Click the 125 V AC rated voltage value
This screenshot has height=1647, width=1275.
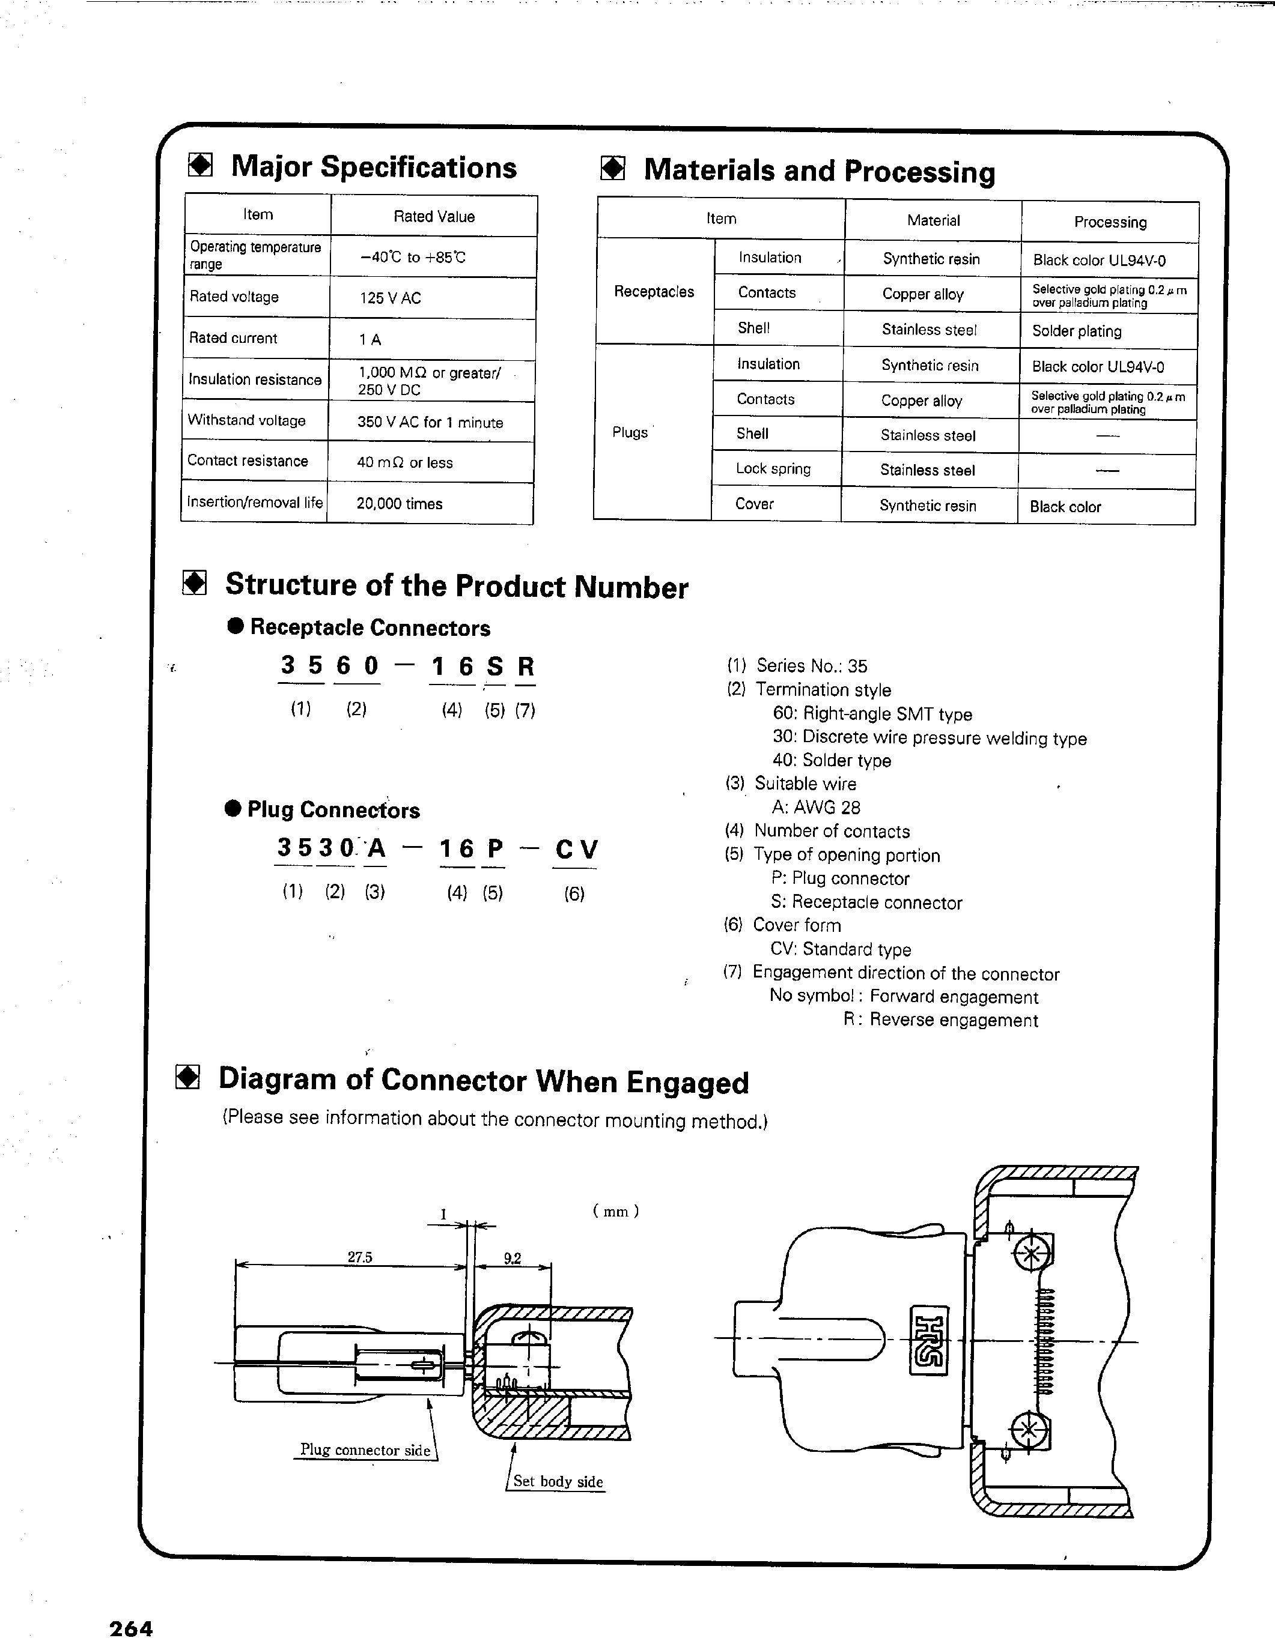coord(390,298)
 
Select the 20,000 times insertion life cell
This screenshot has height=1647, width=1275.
coord(399,504)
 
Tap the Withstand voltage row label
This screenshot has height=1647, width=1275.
coord(247,421)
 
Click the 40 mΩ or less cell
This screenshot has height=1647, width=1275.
coord(404,462)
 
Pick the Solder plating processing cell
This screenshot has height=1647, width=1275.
coord(1077,331)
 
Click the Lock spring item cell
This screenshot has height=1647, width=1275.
coord(773,469)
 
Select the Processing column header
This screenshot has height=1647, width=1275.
coord(1110,222)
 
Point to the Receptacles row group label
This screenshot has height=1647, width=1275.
coord(653,292)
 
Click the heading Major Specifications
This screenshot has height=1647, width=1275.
coord(374,168)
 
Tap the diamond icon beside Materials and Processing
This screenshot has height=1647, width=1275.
coord(613,169)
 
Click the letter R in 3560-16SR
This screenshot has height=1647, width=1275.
coord(526,666)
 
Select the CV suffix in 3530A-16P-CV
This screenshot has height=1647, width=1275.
coord(576,850)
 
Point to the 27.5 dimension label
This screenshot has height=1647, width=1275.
coord(360,1257)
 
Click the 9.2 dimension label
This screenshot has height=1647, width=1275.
coord(513,1258)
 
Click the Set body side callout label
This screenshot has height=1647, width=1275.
coord(558,1481)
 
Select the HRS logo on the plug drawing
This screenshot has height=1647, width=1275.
coord(929,1340)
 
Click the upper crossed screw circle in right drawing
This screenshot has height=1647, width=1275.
coord(1030,1255)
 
